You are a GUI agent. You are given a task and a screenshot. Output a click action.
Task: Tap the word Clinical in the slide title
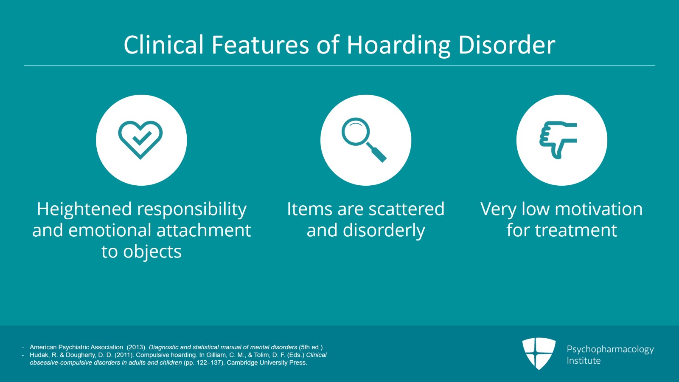(x=164, y=45)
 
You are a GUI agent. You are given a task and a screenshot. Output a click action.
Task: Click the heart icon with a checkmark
(x=140, y=139)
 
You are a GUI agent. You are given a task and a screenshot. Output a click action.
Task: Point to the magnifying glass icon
(x=364, y=139)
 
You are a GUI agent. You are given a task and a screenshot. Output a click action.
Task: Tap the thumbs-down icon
(x=558, y=140)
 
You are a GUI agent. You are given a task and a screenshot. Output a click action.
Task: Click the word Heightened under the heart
(x=84, y=209)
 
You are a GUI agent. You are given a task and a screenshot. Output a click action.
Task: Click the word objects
(x=152, y=252)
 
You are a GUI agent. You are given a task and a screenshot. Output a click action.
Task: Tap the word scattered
(x=406, y=209)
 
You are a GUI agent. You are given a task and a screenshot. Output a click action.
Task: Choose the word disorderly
(x=384, y=231)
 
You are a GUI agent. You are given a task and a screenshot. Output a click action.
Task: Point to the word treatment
(x=576, y=230)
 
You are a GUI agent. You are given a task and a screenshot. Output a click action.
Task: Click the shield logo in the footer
(x=539, y=353)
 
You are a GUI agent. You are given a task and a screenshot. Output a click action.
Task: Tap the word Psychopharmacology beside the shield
(x=610, y=349)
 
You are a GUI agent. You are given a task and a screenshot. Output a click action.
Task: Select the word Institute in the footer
(x=584, y=361)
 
